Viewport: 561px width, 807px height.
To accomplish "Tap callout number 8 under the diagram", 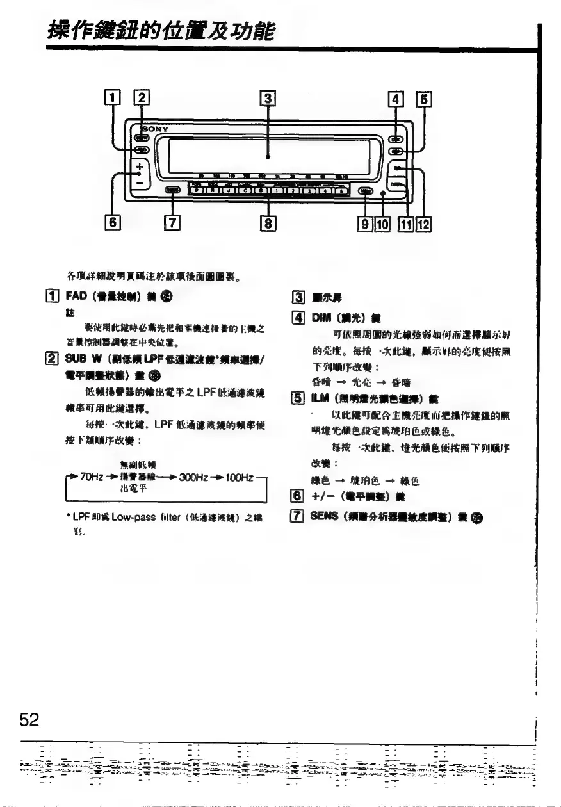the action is [268, 223].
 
